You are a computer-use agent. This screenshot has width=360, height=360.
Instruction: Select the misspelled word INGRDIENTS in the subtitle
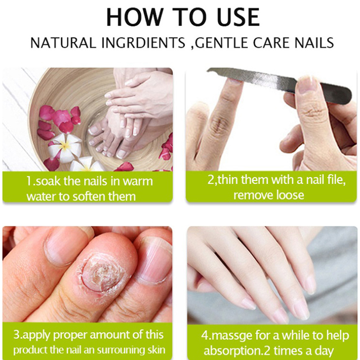point(143,43)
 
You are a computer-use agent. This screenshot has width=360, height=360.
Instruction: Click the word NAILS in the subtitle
point(314,43)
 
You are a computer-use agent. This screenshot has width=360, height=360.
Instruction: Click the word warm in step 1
point(138,181)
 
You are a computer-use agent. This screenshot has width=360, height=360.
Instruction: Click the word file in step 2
point(337,180)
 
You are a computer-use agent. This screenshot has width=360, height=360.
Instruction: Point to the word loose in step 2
point(290,195)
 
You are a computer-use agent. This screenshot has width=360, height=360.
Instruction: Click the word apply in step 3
point(37,335)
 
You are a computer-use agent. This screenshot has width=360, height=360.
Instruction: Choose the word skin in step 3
point(157,350)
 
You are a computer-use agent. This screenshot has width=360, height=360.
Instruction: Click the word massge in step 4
point(231,336)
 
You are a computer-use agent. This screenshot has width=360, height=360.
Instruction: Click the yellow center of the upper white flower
point(66,145)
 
